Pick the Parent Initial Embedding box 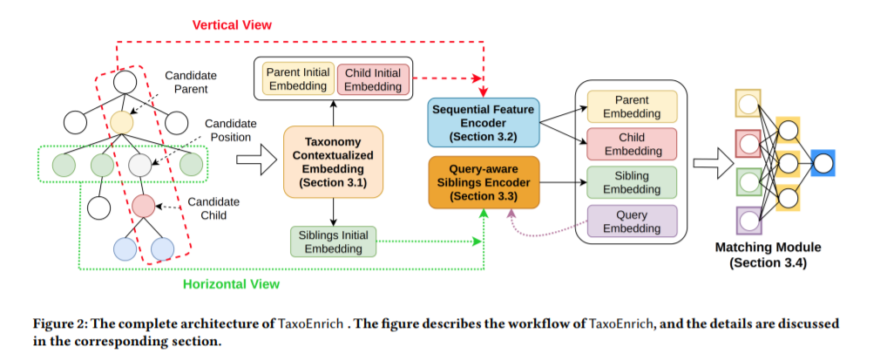[297, 78]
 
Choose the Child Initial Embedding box [372, 78]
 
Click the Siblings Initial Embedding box [332, 241]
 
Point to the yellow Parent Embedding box [632, 107]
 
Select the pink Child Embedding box [632, 145]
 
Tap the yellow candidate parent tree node [123, 122]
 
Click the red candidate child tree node [143, 207]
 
